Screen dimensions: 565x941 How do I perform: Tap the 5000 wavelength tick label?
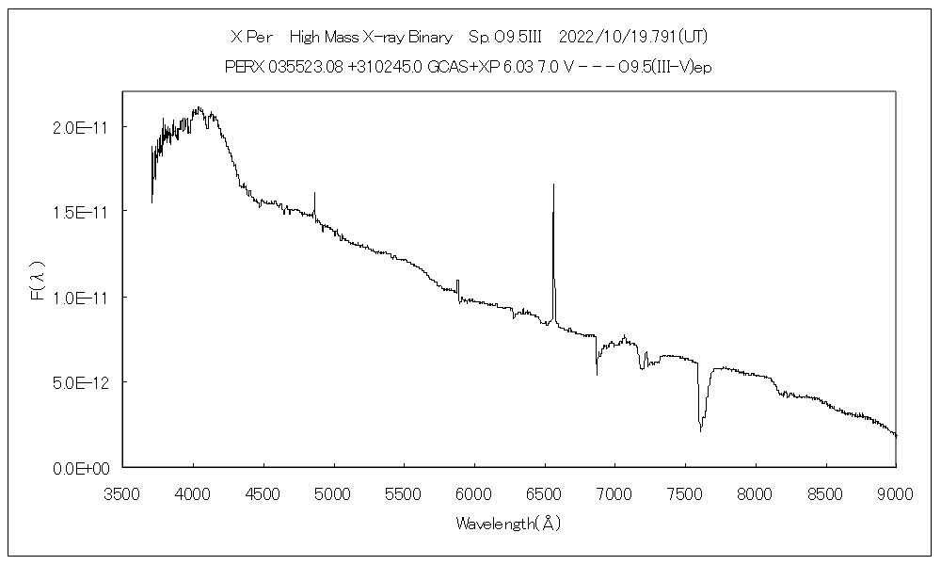point(334,490)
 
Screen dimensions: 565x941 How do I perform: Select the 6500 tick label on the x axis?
point(545,490)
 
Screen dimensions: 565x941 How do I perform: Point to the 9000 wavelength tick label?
point(896,490)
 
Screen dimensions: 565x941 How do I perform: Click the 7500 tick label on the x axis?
point(685,490)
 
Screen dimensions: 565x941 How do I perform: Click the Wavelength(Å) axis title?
point(508,524)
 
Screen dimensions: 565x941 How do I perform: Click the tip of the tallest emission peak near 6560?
point(553,185)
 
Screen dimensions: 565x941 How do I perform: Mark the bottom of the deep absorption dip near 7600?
point(700,430)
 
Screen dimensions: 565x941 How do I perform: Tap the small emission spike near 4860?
point(314,193)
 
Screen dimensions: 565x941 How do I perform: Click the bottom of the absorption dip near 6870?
point(597,375)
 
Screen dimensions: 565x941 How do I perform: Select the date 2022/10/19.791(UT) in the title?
point(632,37)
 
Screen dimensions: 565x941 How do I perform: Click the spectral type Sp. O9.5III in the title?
point(501,37)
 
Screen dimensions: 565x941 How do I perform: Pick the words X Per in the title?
point(251,37)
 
